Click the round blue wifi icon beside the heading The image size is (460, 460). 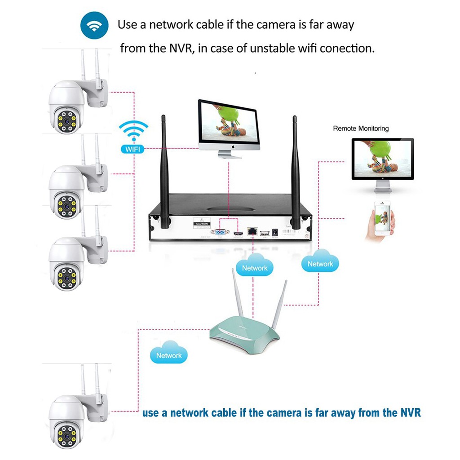tap(94, 26)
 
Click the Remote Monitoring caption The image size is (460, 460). tap(361, 128)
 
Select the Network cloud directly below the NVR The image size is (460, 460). tap(254, 266)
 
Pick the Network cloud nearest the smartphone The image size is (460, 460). tap(320, 263)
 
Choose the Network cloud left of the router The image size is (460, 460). tap(168, 354)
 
